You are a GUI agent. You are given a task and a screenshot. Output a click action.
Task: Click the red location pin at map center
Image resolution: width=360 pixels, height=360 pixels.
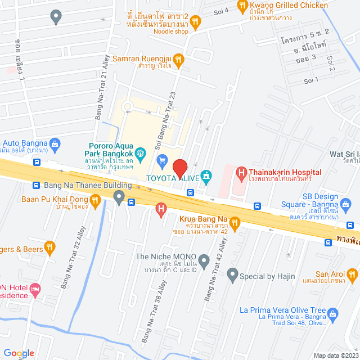click(x=179, y=168)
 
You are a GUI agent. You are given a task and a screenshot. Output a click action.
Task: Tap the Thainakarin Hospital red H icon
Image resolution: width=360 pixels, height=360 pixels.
click(x=241, y=173)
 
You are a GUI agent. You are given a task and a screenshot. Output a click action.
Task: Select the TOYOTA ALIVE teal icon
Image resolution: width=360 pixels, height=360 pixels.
click(x=206, y=177)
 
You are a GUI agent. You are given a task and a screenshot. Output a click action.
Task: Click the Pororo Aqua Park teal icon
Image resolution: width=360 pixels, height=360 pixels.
click(x=141, y=152)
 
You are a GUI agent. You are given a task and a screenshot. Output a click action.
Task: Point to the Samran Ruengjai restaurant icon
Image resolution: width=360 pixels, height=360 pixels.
click(x=178, y=58)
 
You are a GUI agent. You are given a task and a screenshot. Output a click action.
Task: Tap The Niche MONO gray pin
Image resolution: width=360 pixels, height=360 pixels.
click(x=204, y=260)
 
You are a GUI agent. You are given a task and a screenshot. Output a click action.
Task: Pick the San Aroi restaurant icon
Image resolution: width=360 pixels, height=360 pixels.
click(x=353, y=275)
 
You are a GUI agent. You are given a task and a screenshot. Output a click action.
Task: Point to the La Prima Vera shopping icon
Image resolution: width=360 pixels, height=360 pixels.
click(x=332, y=313)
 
